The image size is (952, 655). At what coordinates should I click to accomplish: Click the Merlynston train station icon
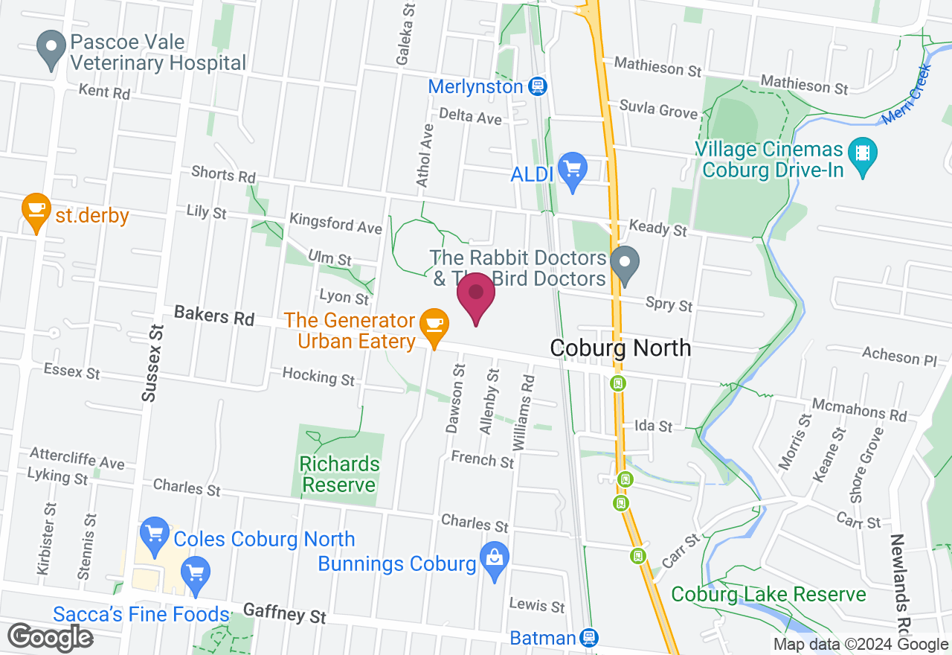click(539, 86)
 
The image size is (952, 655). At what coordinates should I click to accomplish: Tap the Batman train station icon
click(590, 638)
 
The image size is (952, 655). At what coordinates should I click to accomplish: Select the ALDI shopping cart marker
click(572, 171)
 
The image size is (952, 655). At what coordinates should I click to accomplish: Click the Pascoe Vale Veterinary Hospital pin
click(51, 48)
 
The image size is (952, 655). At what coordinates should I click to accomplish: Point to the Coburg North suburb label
click(620, 348)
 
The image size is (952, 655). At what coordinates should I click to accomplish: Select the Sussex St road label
click(152, 364)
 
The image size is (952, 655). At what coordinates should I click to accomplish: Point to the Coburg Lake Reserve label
click(768, 595)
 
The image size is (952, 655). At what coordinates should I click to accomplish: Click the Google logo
click(50, 637)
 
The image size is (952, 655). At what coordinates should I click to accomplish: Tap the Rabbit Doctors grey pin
click(625, 265)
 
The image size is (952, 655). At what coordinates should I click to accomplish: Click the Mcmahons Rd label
click(860, 408)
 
